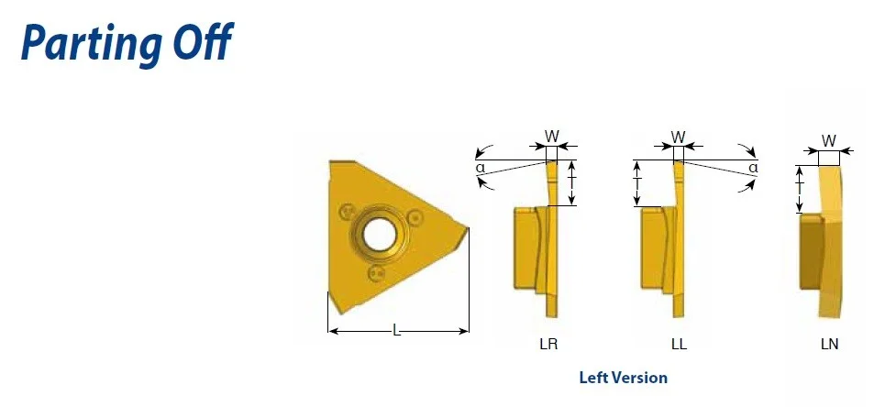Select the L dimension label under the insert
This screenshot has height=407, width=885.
(x=397, y=331)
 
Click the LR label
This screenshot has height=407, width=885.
(x=548, y=345)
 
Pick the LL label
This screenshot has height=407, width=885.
(x=679, y=345)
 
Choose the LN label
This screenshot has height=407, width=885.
(x=829, y=345)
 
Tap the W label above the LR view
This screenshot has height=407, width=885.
(x=551, y=136)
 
